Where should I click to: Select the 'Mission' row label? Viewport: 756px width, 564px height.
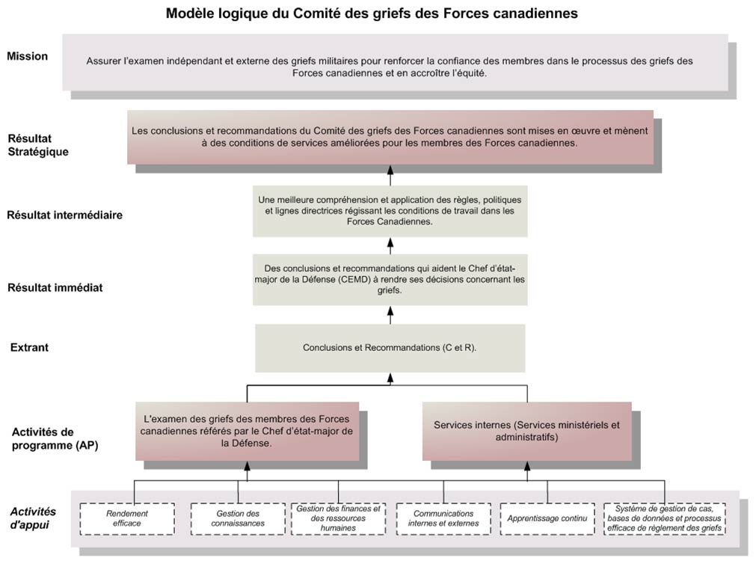28,56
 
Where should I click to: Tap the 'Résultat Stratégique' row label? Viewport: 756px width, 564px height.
38,145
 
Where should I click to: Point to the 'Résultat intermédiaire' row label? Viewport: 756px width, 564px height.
64,215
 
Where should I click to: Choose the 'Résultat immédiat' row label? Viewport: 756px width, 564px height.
55,288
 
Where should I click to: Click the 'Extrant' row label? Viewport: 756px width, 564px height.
29,347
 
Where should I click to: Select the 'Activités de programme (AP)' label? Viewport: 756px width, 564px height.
55,438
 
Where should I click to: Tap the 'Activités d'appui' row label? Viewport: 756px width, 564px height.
33,518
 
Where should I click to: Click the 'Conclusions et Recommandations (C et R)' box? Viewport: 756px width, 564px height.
390,348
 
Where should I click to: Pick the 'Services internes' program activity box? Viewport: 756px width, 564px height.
527,431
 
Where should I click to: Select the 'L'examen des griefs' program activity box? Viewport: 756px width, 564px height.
247,431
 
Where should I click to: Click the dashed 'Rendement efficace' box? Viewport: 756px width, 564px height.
127,518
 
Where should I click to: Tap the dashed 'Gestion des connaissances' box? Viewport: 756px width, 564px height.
238,518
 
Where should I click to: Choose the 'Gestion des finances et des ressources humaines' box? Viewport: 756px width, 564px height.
339,518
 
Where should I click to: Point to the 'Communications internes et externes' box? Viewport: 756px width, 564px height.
443,518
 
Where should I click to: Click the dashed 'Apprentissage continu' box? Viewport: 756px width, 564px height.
547,518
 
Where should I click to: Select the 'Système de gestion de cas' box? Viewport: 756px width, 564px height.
664,518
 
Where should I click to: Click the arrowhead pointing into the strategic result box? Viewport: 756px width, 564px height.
390,169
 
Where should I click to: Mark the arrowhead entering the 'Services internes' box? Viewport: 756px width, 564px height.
527,465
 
